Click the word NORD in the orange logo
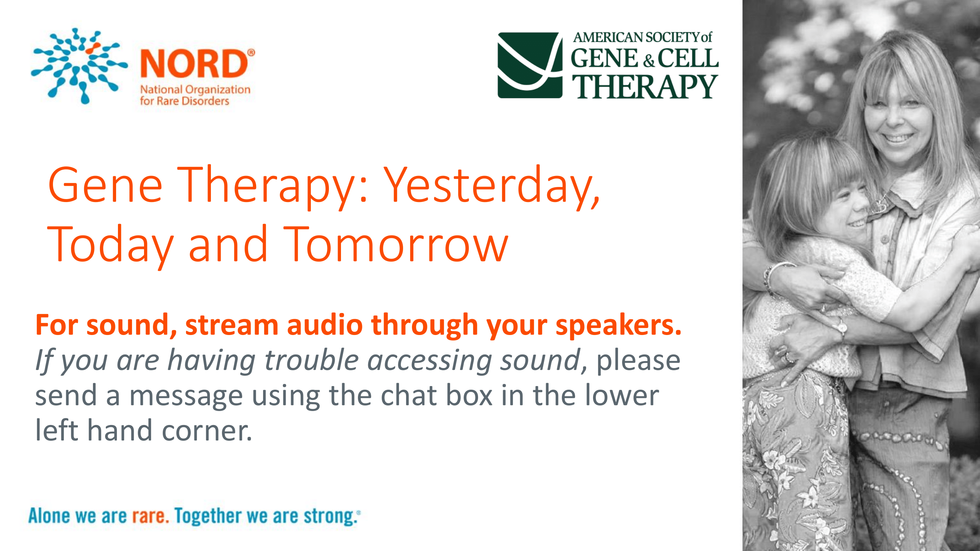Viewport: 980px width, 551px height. (x=194, y=63)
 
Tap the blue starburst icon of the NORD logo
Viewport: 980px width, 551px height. (x=79, y=65)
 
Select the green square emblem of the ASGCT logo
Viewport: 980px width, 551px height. (x=530, y=65)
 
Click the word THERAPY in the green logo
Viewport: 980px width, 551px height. (x=645, y=86)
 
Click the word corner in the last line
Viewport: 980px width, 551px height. (x=207, y=431)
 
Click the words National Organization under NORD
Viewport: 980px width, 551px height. (x=195, y=90)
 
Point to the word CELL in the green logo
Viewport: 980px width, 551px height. (x=688, y=58)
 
